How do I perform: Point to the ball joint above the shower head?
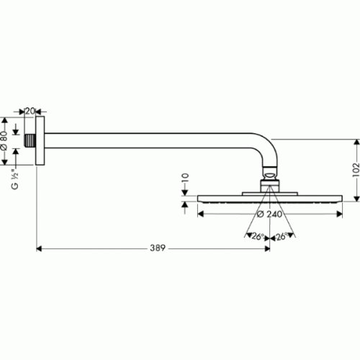point(269,174)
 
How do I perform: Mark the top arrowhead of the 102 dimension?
point(356,143)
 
